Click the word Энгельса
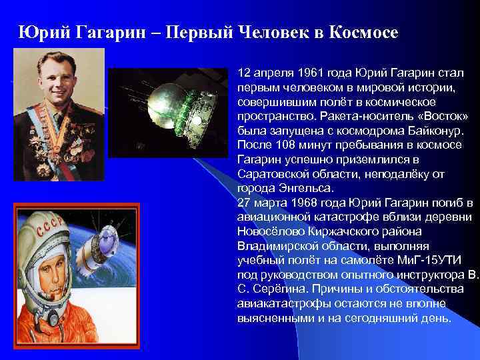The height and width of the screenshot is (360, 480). click(x=290, y=189)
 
